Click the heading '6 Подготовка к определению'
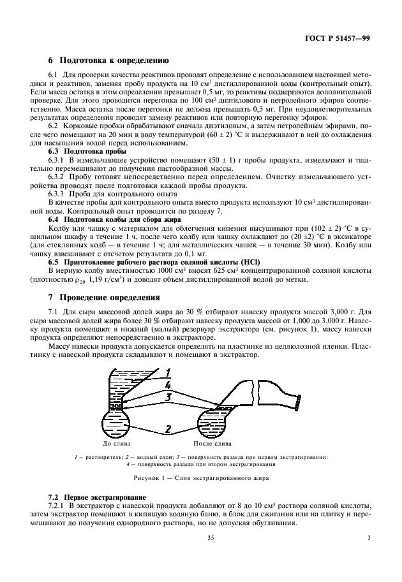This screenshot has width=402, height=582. click(108, 62)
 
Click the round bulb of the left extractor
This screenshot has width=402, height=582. click(117, 423)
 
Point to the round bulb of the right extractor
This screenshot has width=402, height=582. click(214, 421)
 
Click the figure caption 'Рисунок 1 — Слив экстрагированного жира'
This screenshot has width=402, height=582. click(200, 477)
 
